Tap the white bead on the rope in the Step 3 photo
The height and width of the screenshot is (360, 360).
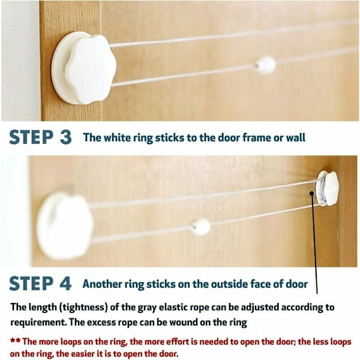pyautogui.click(x=265, y=65)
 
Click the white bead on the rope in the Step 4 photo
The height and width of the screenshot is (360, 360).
pyautogui.click(x=201, y=227)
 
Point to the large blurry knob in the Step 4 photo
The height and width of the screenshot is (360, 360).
pyautogui.click(x=64, y=226)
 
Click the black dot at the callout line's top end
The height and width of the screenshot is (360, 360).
pyautogui.click(x=311, y=193)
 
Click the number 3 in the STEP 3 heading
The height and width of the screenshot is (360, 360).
pyautogui.click(x=66, y=137)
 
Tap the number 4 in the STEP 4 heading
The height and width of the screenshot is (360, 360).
pyautogui.click(x=65, y=283)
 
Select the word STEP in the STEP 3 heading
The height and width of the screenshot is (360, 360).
pyautogui.click(x=31, y=137)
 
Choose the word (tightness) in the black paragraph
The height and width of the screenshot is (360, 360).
pyautogui.click(x=83, y=307)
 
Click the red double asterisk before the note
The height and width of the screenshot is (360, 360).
pyautogui.click(x=16, y=340)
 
